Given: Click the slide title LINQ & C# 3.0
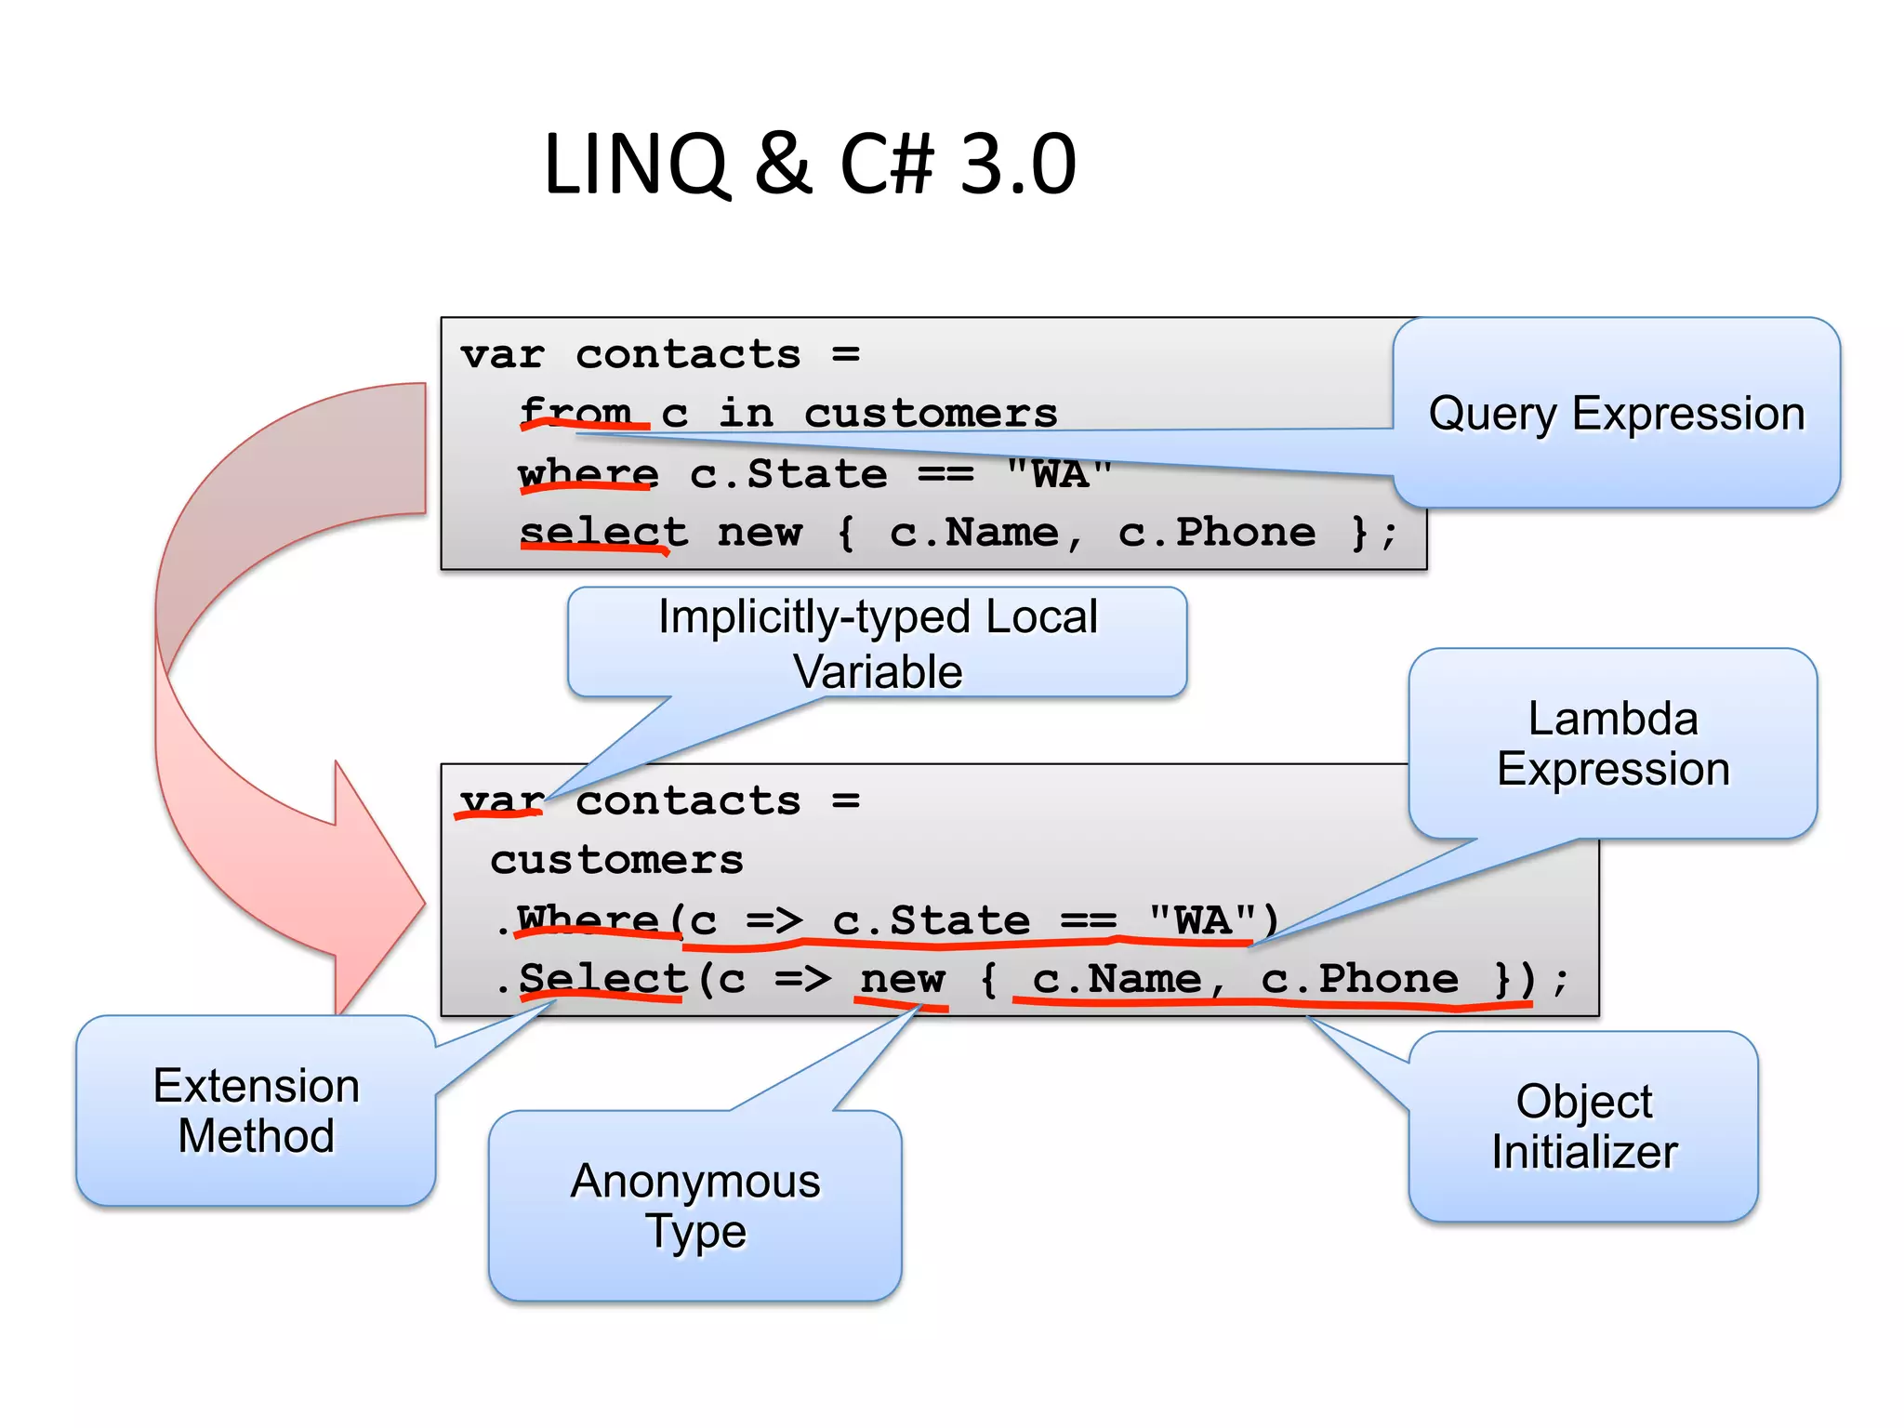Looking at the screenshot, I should coord(809,165).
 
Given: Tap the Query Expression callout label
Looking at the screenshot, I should coord(1616,414).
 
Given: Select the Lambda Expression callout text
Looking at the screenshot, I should coord(1612,744).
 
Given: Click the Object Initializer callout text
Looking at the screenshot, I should coord(1583,1126).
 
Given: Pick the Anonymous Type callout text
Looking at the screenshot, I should coord(694,1206).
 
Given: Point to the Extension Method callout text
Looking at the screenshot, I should coord(256,1110).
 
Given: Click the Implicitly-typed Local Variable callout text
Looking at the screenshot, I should coord(877,643).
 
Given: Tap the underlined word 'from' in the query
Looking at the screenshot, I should coord(576,412).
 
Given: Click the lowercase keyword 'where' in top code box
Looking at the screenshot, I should coord(588,473).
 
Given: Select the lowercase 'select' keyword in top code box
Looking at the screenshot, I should coord(603,533).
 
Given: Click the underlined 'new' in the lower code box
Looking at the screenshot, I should coord(902,979).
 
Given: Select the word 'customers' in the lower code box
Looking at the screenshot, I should coord(616,860).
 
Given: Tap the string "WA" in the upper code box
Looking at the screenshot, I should coord(1059,473).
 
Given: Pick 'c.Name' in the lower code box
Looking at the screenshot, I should coord(1116,979).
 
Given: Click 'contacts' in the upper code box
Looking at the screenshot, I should coord(688,354).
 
